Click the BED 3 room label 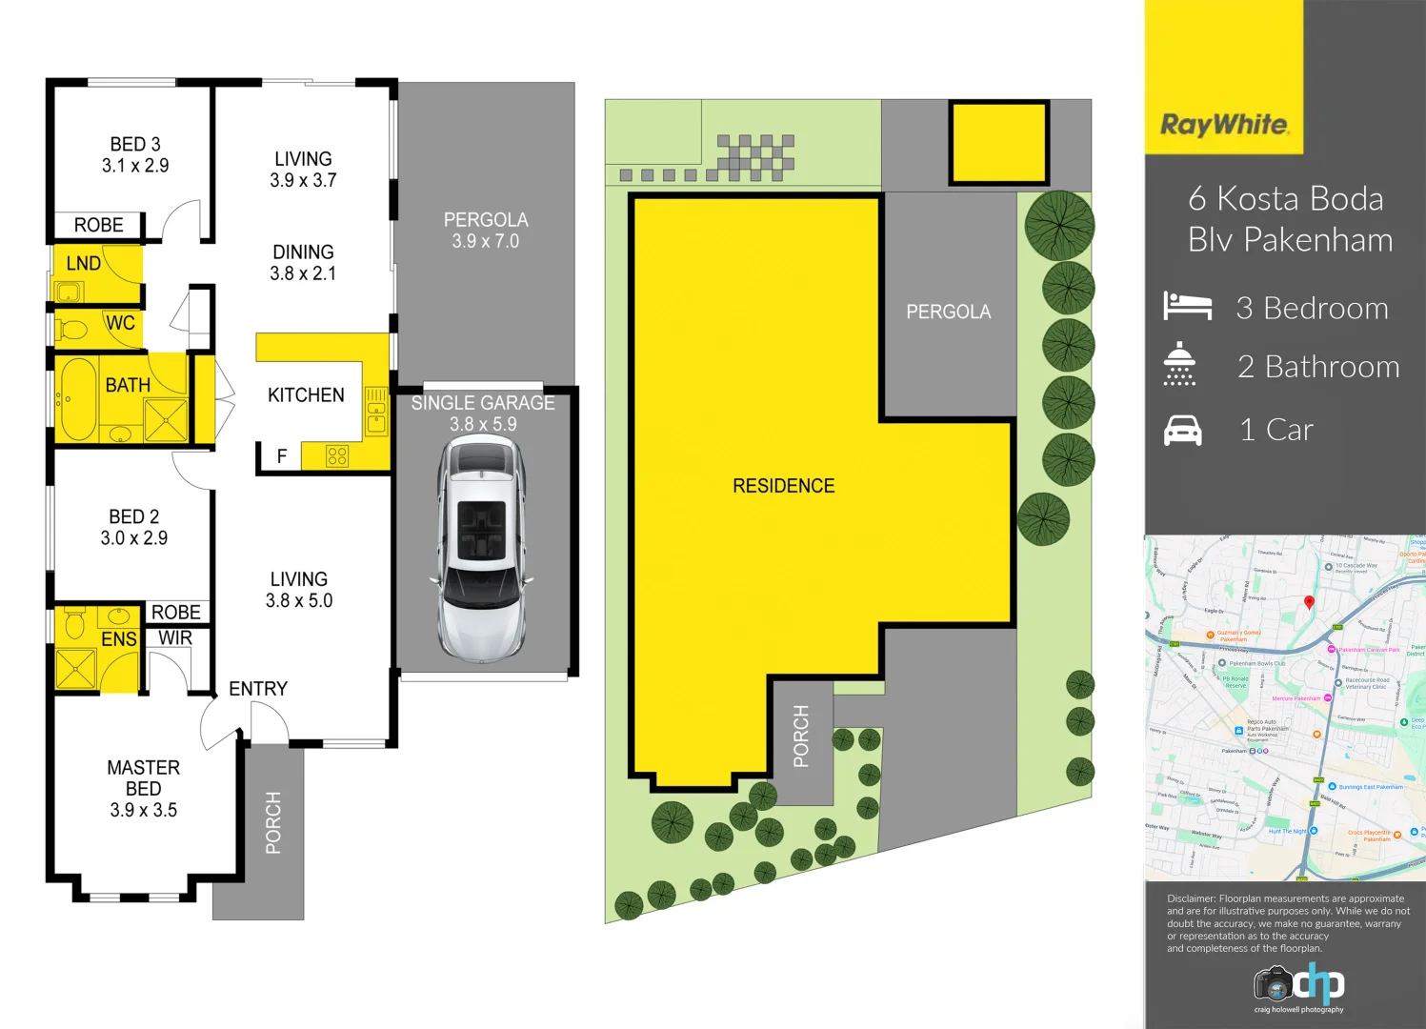click(x=135, y=145)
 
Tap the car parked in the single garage click(x=482, y=550)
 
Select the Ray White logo click(x=1224, y=126)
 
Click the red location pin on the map click(x=1309, y=602)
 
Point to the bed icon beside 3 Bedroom click(x=1187, y=307)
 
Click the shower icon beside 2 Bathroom click(x=1179, y=364)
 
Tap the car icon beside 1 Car click(x=1183, y=431)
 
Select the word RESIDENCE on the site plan click(x=783, y=486)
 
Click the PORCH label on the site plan click(x=801, y=736)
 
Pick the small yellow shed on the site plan click(x=998, y=143)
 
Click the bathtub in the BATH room click(x=75, y=398)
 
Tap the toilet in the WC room click(x=72, y=330)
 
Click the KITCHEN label click(x=306, y=394)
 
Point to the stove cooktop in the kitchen click(x=337, y=456)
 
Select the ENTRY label click(x=257, y=688)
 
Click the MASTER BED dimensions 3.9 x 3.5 click(x=143, y=810)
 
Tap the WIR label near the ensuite click(x=175, y=638)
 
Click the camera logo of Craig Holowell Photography click(x=1274, y=982)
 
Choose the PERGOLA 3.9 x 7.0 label click(x=486, y=230)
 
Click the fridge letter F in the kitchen click(x=281, y=456)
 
